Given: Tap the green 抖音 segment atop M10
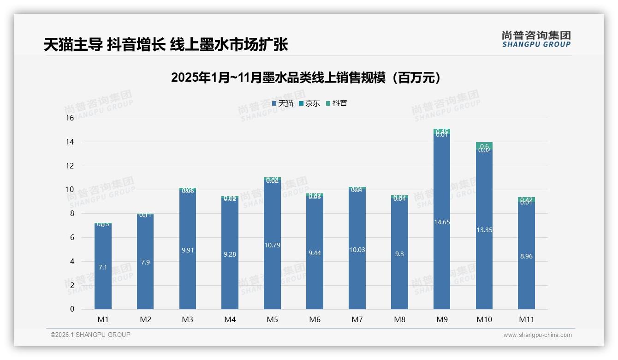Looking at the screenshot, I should [x=484, y=145].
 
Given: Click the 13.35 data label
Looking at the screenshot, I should [x=484, y=230].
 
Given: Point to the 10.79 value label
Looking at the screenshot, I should [x=272, y=245].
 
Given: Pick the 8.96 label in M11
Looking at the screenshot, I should [x=526, y=256].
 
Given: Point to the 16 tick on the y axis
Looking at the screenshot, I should [x=70, y=118].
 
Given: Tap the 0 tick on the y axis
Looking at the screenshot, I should [x=72, y=309].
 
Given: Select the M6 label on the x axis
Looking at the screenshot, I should [x=315, y=319].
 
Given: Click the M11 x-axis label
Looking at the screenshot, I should [x=526, y=319].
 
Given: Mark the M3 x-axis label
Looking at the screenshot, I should [x=187, y=319].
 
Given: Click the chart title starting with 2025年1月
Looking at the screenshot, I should [x=306, y=78].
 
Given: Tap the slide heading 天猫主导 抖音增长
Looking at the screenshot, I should [x=166, y=45].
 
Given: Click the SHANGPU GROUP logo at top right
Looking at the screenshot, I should [x=536, y=39].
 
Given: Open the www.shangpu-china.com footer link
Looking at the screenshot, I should [x=537, y=335].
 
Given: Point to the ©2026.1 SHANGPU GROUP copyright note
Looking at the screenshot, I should [x=90, y=335].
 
